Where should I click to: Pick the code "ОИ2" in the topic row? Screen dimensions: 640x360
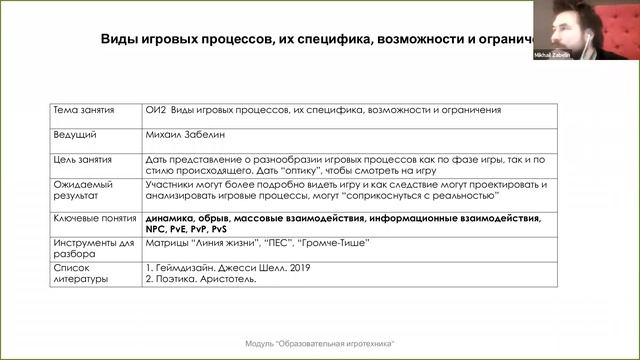[156, 109]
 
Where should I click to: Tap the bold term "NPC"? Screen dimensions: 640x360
[157, 228]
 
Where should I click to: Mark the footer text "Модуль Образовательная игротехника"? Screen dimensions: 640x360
[320, 343]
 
